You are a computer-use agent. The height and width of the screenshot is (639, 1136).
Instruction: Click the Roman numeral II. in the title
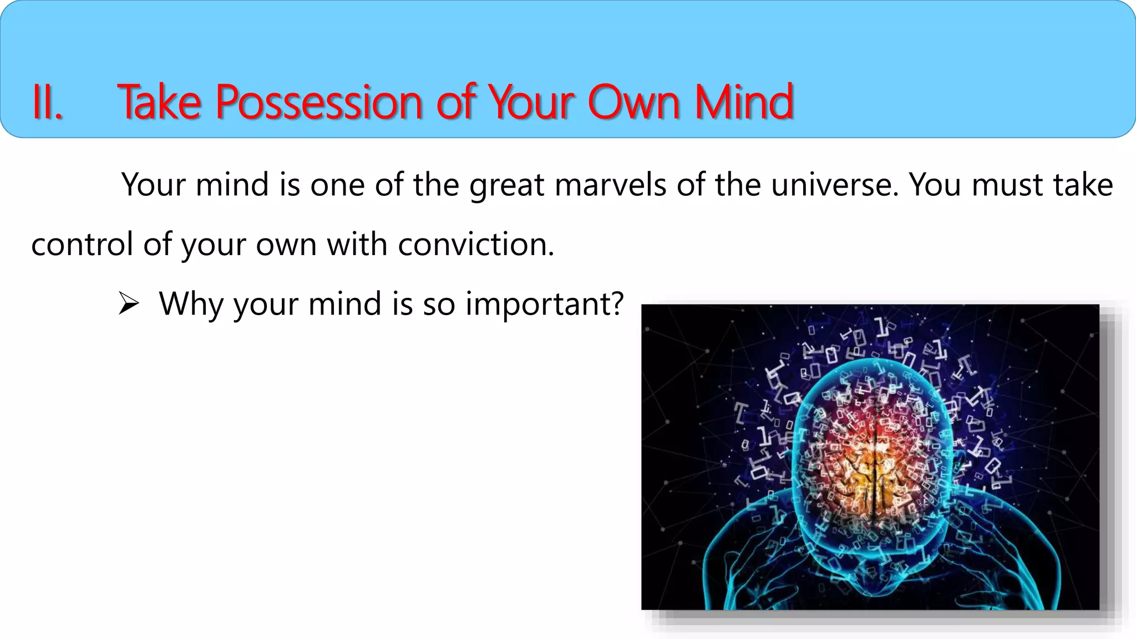47,103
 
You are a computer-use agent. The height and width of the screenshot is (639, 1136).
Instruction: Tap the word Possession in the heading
319,103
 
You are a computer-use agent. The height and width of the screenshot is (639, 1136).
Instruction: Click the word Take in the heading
160,103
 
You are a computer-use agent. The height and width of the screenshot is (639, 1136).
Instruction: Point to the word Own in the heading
633,103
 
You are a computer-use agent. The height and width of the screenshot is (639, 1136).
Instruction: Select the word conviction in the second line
476,245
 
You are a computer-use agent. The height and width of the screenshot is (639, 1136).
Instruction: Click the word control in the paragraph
82,245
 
